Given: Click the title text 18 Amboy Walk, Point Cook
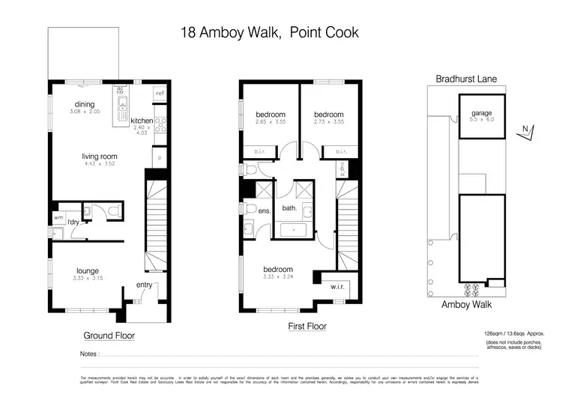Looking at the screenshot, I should pyautogui.click(x=270, y=32).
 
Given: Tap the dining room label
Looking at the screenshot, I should pyautogui.click(x=83, y=104).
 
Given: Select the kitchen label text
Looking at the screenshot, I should pyautogui.click(x=142, y=121).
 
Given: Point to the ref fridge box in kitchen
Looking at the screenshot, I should pyautogui.click(x=159, y=94).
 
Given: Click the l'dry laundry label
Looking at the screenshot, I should pyautogui.click(x=73, y=222).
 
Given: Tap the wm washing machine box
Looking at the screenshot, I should pyautogui.click(x=58, y=218).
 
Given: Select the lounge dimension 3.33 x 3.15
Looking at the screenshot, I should pyautogui.click(x=87, y=280).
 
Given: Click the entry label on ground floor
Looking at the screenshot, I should pyautogui.click(x=143, y=285).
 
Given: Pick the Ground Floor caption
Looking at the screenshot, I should pyautogui.click(x=109, y=336).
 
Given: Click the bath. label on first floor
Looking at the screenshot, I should pyautogui.click(x=289, y=208).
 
